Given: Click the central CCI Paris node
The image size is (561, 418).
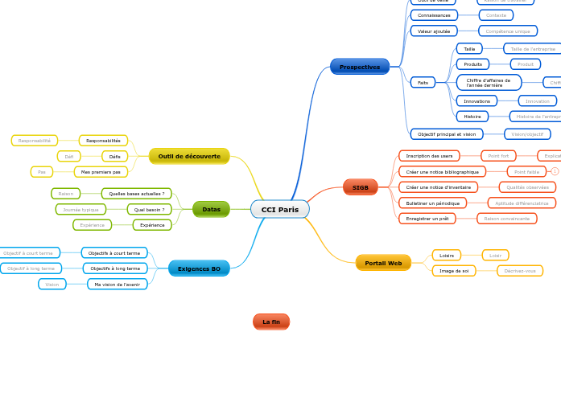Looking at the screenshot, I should click(279, 209).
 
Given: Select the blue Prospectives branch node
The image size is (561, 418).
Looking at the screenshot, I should click(359, 67).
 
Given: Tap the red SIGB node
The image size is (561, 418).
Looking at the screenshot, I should click(360, 187).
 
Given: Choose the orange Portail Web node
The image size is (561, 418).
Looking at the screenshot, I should click(383, 263).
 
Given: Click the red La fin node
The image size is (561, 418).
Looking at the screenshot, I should click(270, 322).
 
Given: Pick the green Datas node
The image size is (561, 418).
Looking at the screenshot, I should click(211, 209).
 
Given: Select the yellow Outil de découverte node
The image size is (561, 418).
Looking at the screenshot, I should click(189, 156).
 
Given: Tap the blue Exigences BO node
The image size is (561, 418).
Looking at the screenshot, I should click(199, 268).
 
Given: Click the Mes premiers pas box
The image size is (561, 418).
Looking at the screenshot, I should click(101, 171).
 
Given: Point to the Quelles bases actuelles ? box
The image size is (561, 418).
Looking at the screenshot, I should click(136, 193).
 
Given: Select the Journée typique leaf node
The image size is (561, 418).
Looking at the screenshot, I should click(80, 209).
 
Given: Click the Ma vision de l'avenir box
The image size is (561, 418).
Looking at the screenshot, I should click(117, 284).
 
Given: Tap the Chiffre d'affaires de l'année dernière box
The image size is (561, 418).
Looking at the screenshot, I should click(489, 82).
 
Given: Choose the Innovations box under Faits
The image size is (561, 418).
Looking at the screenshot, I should click(476, 100).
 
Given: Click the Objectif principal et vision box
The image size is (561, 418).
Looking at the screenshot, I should click(447, 133).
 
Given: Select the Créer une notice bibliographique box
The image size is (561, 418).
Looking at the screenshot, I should click(442, 171).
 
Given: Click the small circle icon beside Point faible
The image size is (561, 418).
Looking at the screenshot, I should click(555, 171).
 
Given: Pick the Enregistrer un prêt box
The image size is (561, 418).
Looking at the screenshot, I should click(427, 218).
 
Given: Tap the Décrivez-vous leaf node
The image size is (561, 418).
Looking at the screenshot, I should click(519, 271).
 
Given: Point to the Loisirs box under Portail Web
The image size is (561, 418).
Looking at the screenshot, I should click(447, 255).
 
